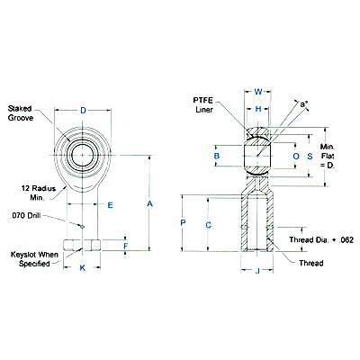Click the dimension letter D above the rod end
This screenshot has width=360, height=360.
pos(84,111)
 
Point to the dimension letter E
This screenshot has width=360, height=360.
pos(109,205)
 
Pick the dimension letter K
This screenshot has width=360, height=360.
pos(84,267)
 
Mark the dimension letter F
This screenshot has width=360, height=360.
pos(126,245)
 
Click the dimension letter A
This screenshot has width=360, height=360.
pos(151,205)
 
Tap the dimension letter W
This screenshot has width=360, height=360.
pos(258,91)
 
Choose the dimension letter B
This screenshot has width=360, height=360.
pos(216,157)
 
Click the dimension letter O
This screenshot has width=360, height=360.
pos(296,157)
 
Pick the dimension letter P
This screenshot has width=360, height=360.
pos(183,221)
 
